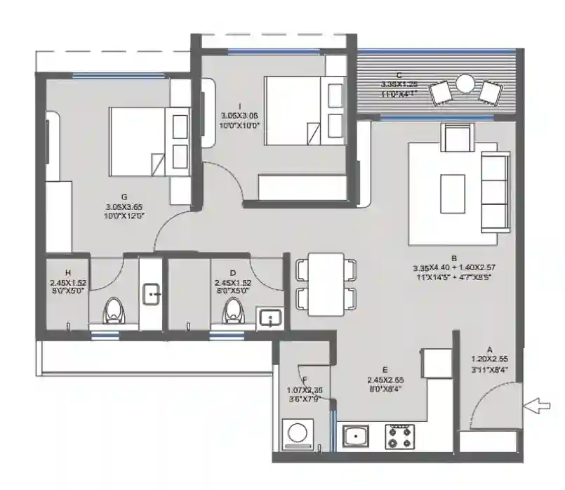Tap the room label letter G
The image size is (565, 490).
(124, 197)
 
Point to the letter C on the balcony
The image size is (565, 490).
(399, 74)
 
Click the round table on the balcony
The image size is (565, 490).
(465, 84)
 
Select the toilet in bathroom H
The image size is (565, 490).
(114, 311)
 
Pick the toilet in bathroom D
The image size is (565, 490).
(233, 311)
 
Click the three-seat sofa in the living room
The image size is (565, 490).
(495, 194)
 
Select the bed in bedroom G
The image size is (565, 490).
(139, 141)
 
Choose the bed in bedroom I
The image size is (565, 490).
(293, 111)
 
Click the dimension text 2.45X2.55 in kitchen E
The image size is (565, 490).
(385, 382)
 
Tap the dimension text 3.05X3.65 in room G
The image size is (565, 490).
(124, 208)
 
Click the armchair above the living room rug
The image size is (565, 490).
(456, 136)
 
